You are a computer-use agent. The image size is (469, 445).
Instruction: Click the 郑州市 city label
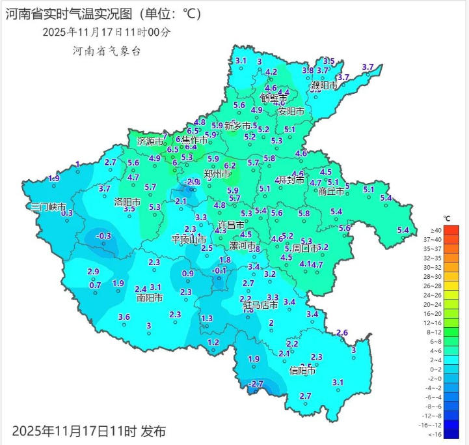(x=217, y=175)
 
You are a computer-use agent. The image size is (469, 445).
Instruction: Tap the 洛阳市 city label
(x=127, y=201)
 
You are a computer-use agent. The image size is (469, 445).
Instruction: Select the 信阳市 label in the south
(x=302, y=371)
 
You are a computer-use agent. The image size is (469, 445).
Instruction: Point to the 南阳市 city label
(x=150, y=298)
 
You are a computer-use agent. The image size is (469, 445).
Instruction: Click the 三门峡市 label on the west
(x=49, y=207)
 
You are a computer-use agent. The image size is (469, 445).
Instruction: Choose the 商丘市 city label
(x=332, y=192)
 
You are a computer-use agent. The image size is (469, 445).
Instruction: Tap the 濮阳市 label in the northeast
(x=324, y=85)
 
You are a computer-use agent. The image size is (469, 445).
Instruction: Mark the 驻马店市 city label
(x=261, y=305)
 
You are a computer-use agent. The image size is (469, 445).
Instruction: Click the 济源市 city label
(x=150, y=141)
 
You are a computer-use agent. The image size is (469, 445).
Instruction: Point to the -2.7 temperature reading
(x=256, y=384)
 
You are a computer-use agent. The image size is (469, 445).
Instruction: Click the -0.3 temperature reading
(x=103, y=236)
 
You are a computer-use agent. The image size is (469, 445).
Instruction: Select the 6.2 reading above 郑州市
(x=230, y=165)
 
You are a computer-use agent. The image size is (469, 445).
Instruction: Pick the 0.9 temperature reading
(x=188, y=274)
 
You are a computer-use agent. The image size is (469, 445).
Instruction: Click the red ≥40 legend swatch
(x=452, y=231)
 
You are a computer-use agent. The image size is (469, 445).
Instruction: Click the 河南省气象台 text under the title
(x=107, y=50)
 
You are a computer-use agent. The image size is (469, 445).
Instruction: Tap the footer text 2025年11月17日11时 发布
(x=89, y=431)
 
